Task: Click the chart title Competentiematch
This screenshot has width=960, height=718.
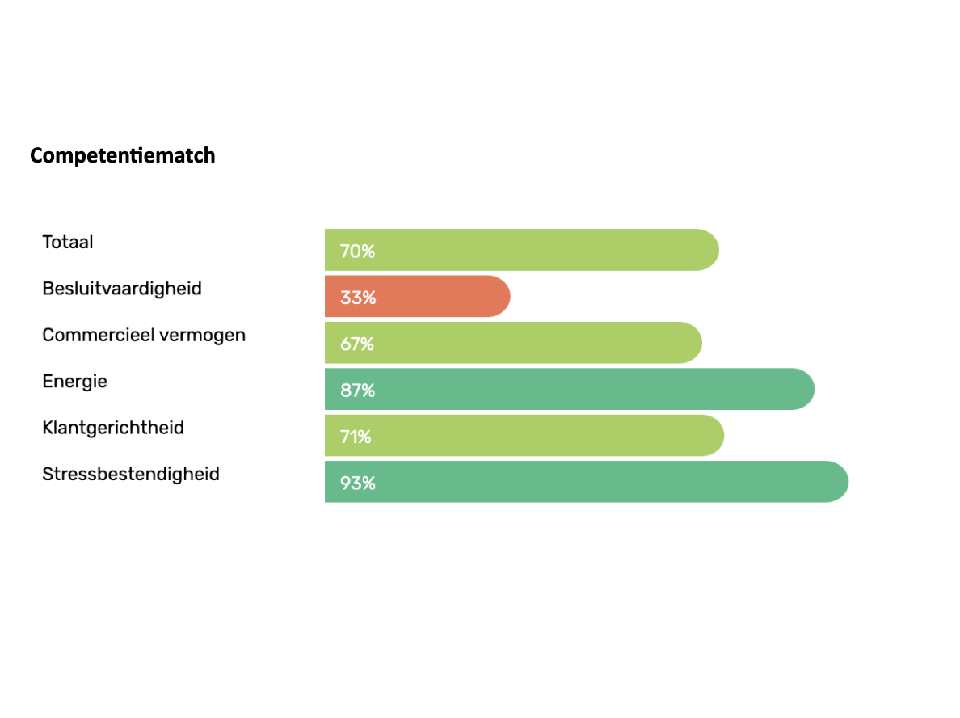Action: coord(123,155)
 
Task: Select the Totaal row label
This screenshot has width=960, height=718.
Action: coord(68,242)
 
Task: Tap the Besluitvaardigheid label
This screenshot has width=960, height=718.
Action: coord(122,289)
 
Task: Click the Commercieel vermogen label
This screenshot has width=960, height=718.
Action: coord(144,335)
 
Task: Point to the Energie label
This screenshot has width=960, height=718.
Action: coord(74,381)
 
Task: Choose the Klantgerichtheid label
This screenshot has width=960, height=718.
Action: coord(113,428)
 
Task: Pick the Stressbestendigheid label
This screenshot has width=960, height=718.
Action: coord(131,474)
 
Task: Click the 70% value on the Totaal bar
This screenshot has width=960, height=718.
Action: coord(357,251)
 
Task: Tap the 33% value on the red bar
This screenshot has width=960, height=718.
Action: coord(357,298)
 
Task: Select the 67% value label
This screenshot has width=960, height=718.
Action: coord(357,344)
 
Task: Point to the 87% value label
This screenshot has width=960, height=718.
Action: coord(357,391)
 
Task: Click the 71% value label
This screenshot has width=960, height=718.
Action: coord(356,437)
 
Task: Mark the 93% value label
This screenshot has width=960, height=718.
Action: coord(357,484)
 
